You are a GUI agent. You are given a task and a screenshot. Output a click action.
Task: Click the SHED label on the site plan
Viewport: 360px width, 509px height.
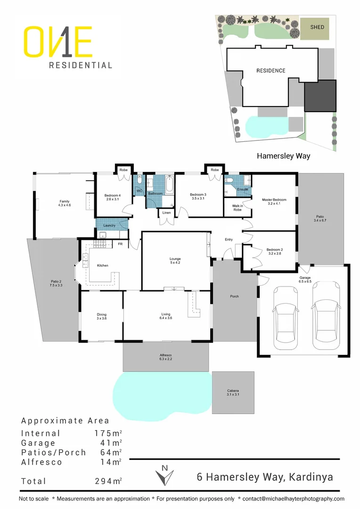tap(317, 27)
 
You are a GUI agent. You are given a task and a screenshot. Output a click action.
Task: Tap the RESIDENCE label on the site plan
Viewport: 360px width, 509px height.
tap(270, 71)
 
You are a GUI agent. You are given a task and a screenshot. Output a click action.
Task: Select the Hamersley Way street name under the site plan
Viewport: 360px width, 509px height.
tap(283, 156)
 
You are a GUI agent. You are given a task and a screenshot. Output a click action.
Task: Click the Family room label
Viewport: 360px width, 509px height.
tap(64, 203)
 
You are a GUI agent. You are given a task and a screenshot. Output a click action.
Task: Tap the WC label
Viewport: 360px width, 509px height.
tap(139, 191)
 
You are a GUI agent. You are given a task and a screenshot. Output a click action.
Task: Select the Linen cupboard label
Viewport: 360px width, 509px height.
tap(166, 213)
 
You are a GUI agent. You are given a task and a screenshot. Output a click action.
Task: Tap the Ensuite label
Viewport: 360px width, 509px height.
tap(243, 189)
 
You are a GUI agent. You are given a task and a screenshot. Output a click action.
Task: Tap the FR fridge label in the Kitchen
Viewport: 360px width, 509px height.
tap(120, 244)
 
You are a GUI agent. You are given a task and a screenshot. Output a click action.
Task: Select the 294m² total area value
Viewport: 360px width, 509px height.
tap(108, 481)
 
